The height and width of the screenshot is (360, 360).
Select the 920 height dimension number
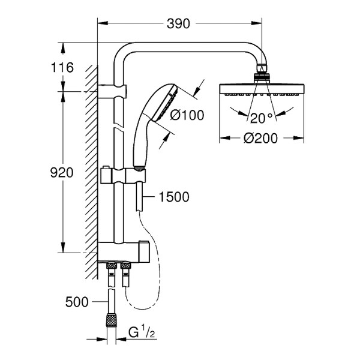(61, 173)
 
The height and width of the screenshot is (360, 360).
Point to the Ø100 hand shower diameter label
(187, 115)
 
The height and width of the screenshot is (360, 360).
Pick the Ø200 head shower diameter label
(260, 139)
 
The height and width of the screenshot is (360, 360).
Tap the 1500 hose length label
(174, 197)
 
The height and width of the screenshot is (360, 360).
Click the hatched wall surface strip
(91, 168)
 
